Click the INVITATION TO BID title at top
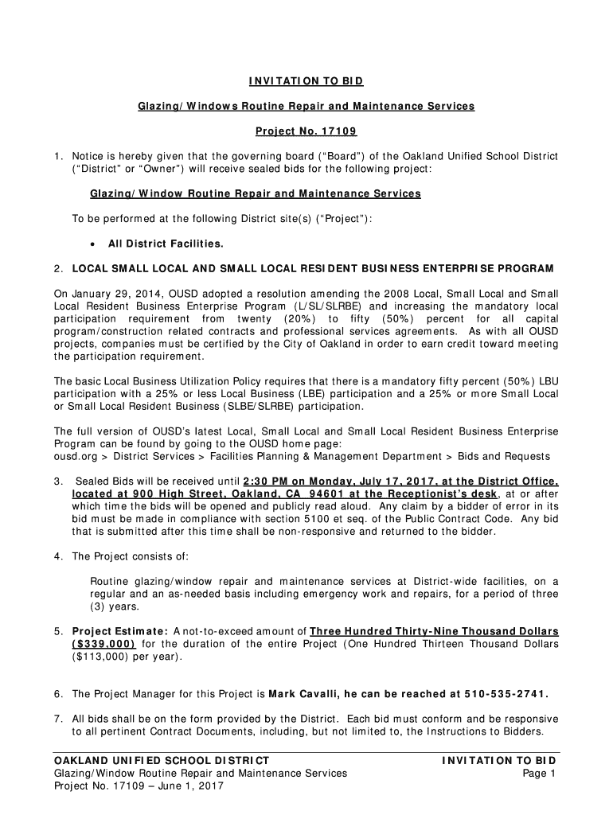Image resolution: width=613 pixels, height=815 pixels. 306,81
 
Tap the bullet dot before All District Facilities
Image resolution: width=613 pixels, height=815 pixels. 94,244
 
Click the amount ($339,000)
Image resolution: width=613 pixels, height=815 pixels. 103,644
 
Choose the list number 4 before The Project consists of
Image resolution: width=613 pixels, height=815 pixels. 58,556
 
